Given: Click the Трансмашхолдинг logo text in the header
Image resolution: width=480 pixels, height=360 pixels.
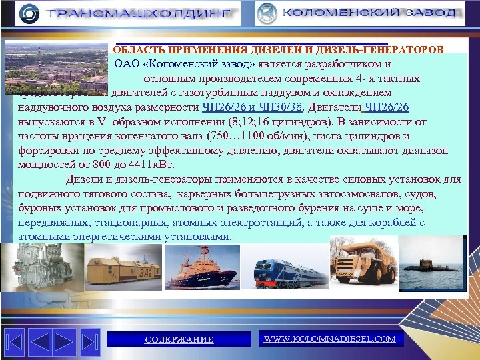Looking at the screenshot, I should click(139, 13).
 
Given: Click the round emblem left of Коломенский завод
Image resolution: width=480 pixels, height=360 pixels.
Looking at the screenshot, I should click(267, 13).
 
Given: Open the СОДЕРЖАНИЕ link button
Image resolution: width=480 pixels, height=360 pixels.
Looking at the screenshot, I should click(179, 339).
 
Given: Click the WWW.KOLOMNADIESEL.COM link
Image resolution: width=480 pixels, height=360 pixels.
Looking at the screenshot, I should click(329, 339).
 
